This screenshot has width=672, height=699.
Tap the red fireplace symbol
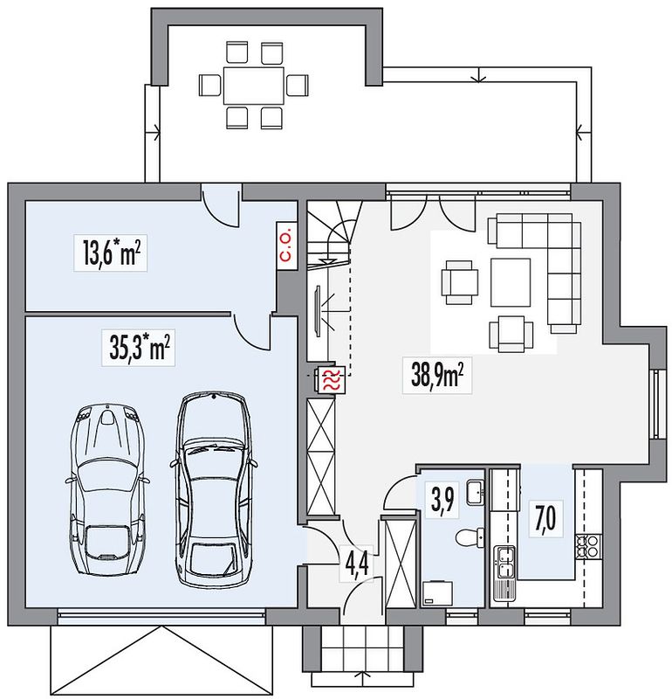point(331,380)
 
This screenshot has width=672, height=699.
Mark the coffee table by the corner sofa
point(511,281)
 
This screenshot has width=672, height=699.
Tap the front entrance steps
point(359,652)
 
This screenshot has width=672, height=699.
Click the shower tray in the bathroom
point(435,594)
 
